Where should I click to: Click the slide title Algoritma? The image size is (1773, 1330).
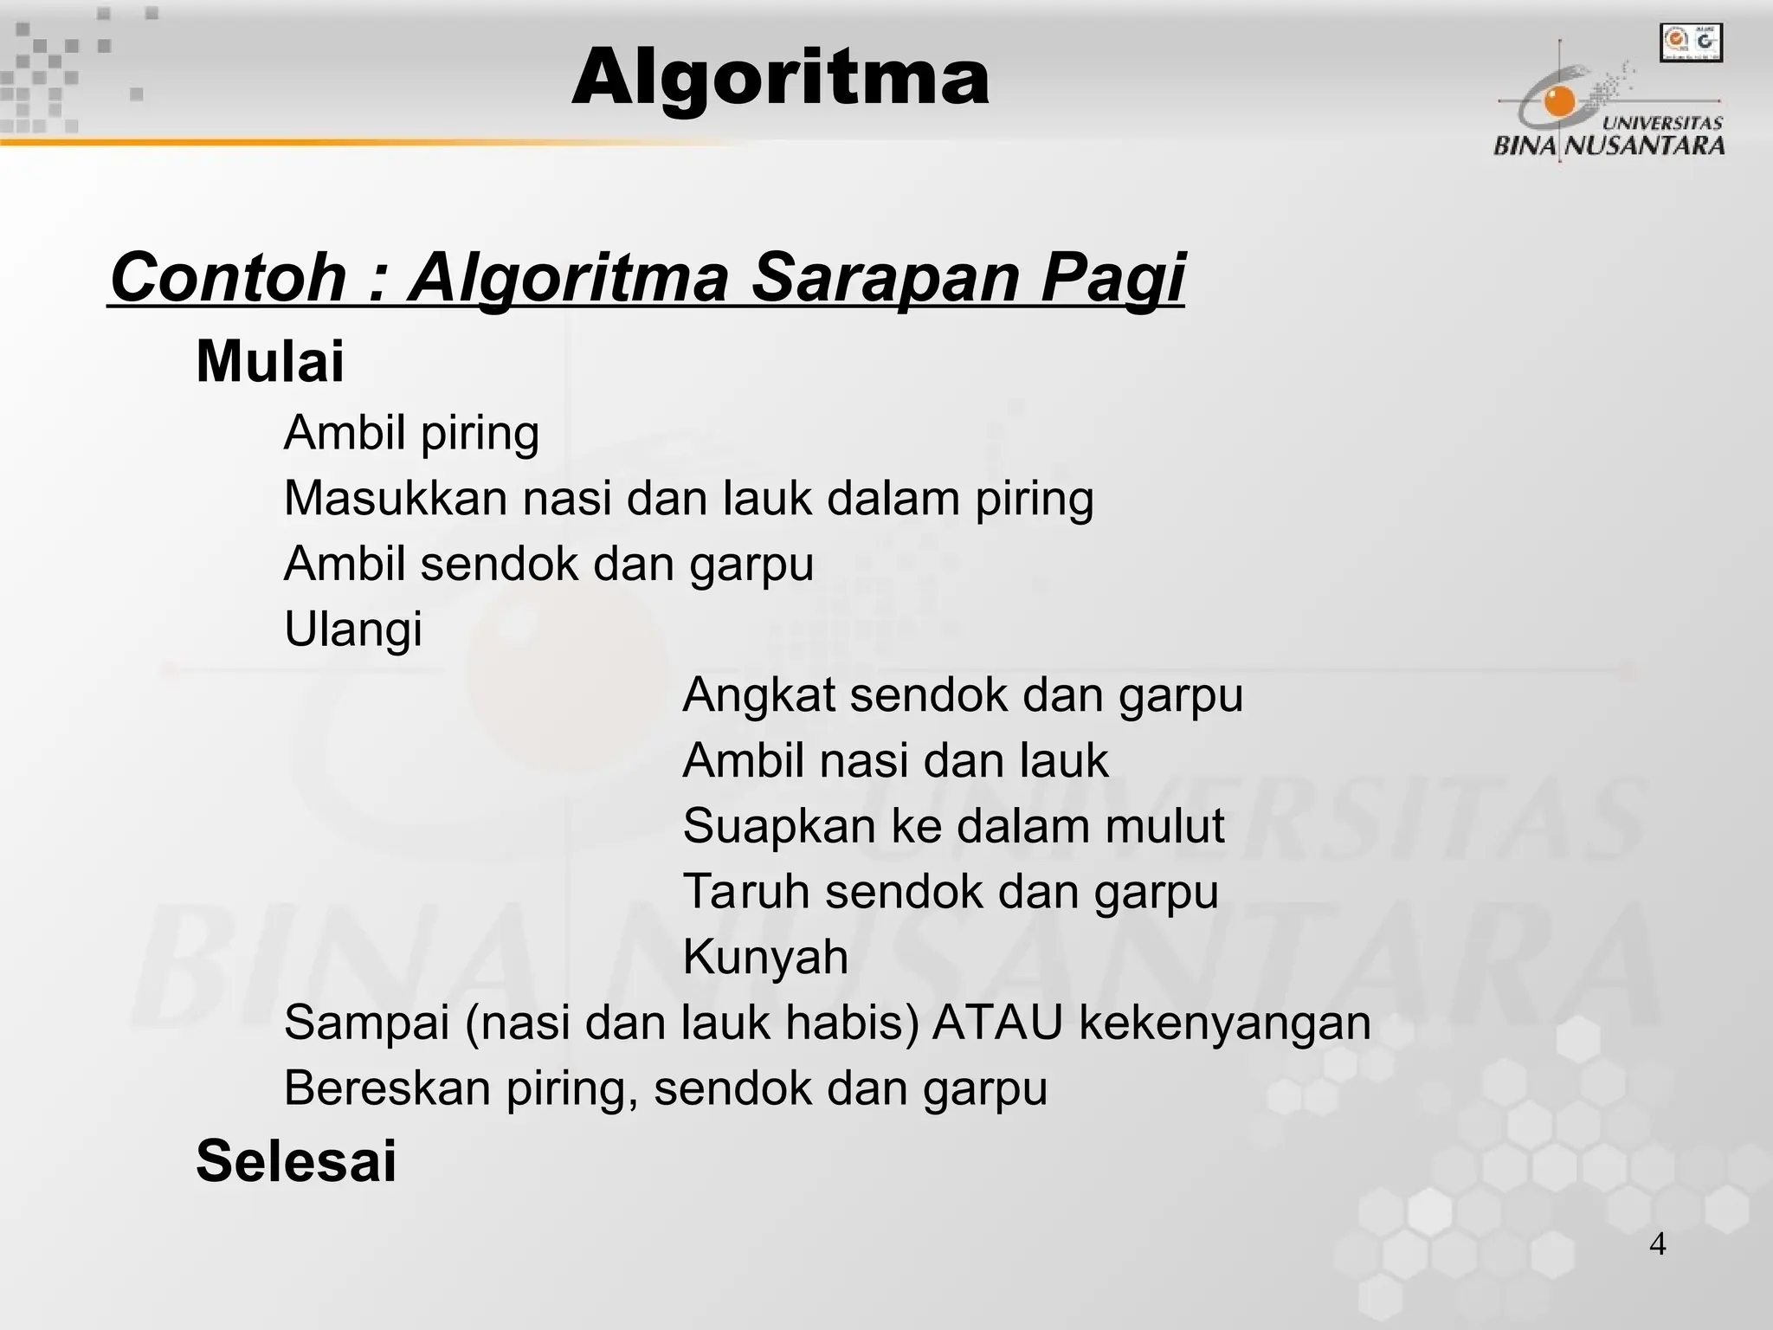(780, 78)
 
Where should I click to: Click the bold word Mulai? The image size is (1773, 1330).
(270, 361)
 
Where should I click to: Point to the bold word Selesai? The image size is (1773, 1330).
(296, 1161)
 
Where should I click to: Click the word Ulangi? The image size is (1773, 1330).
(353, 629)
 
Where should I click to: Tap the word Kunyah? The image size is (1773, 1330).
(765, 957)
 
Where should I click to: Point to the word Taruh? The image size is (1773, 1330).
(746, 892)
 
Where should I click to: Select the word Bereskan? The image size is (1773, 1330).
(388, 1088)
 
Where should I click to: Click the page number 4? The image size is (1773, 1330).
(1657, 1245)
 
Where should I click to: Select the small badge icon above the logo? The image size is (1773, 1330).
(1691, 43)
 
